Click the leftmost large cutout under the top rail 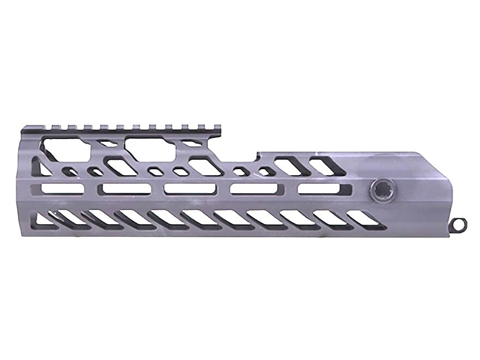[x=63, y=148]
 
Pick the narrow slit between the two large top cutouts [x=107, y=146]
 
